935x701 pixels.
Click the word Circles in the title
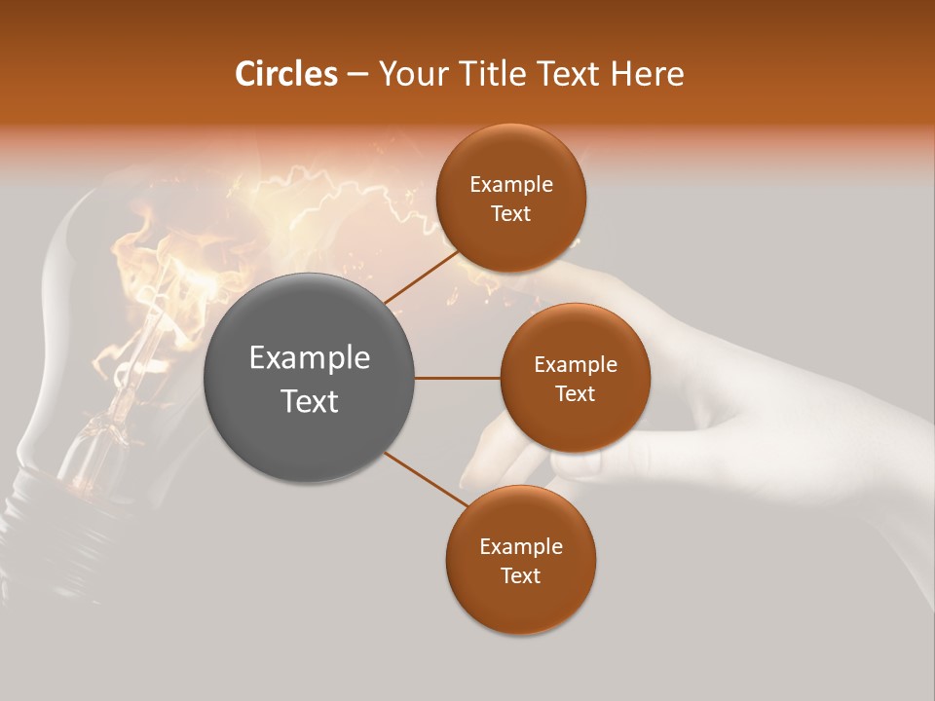tap(285, 74)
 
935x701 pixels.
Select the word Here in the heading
tap(648, 74)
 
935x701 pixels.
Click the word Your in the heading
tap(415, 74)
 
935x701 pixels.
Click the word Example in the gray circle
tap(310, 358)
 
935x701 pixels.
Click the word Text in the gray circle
tap(310, 401)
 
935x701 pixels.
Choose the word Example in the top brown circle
tap(510, 185)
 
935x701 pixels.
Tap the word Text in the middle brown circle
tap(575, 393)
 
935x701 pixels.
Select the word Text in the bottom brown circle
tap(520, 575)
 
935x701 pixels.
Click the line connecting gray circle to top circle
tap(421, 277)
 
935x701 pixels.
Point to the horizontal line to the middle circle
tap(458, 378)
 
